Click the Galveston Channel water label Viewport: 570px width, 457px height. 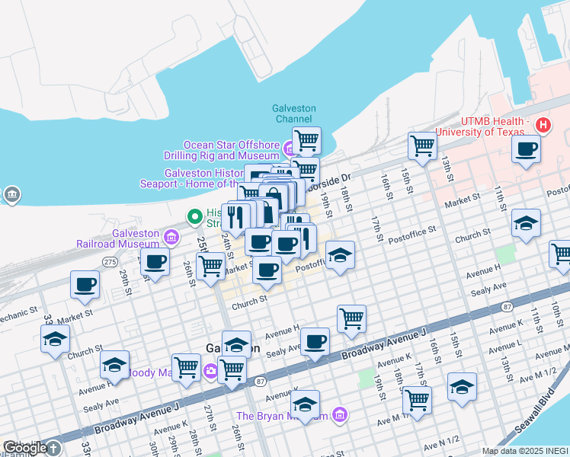coord(293,113)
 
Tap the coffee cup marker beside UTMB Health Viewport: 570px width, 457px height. coord(526,149)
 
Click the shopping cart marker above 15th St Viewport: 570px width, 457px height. coord(421,145)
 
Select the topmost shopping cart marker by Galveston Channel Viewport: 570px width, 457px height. coord(306,140)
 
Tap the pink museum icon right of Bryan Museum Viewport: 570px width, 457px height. coord(340,415)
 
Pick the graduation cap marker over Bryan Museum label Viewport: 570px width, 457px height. coord(305,404)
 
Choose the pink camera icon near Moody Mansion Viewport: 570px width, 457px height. coord(210,372)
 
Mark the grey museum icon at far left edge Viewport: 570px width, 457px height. coord(11,195)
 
